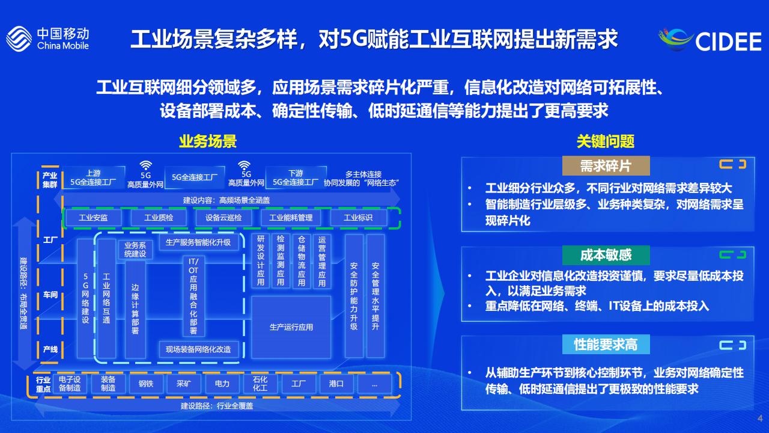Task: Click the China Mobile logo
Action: [47, 38]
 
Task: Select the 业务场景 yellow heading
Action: [208, 141]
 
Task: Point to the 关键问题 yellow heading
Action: [605, 141]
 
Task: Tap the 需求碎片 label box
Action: [606, 166]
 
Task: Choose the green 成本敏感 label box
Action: [606, 255]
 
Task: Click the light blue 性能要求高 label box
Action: [606, 345]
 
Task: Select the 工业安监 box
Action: [93, 218]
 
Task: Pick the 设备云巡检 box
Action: [223, 218]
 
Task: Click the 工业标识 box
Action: [358, 218]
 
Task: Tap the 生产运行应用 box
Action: [291, 327]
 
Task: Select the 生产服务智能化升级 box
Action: [198, 242]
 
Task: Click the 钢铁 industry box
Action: [146, 384]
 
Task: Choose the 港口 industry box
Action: [336, 384]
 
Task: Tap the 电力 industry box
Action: [222, 384]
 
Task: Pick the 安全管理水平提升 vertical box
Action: [375, 296]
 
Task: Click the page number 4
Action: [759, 419]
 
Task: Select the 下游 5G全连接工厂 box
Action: [296, 177]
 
